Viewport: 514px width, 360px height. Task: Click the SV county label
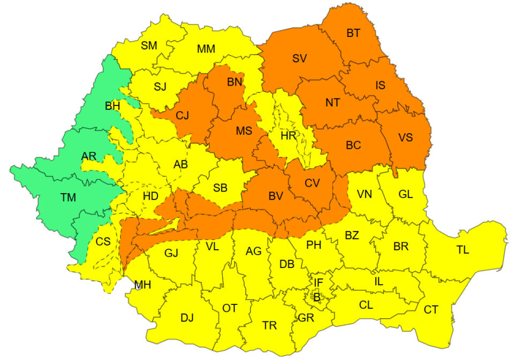(299, 58)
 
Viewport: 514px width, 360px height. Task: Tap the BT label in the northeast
(353, 33)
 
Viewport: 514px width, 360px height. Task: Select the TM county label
(68, 197)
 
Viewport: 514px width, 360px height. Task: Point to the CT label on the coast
(431, 309)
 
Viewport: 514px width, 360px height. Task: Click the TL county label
(463, 250)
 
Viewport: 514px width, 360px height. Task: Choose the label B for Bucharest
(317, 296)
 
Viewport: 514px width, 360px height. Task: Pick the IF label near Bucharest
(319, 282)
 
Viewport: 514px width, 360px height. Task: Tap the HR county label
(289, 136)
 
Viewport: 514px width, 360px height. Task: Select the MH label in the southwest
(142, 285)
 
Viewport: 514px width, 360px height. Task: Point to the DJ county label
(187, 318)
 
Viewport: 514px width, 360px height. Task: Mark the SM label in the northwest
(149, 45)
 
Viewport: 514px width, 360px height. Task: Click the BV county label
(275, 196)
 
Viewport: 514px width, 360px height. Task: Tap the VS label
(405, 137)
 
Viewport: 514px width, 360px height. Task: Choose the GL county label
(405, 194)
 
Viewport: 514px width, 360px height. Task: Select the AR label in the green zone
(89, 156)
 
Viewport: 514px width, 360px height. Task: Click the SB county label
(220, 188)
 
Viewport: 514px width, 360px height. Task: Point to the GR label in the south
(306, 318)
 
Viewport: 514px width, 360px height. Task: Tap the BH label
(112, 106)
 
